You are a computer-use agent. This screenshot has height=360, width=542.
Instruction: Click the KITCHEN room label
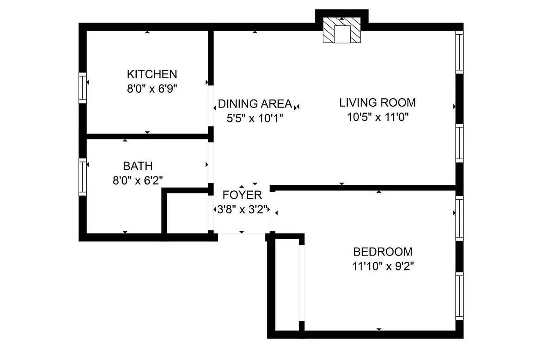coord(152,74)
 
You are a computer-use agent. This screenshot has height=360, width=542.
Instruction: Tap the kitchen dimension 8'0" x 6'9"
coord(152,89)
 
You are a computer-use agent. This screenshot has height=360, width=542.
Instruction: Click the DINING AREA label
coord(255,104)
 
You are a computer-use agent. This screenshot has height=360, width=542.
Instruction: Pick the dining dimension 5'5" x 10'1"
coord(255,118)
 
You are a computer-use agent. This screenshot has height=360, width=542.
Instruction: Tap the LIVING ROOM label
coord(377,103)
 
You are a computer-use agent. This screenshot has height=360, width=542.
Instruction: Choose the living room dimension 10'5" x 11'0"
coord(377,117)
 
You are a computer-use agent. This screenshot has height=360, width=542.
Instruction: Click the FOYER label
coord(242,195)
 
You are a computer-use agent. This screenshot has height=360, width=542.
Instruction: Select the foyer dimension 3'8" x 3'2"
coord(242,210)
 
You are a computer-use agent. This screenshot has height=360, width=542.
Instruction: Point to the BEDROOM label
coord(383,252)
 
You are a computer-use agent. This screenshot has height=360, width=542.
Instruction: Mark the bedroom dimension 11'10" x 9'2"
coord(383,266)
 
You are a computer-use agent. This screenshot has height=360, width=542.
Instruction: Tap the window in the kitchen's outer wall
coord(83,87)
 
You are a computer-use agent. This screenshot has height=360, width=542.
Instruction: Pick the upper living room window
coord(459,52)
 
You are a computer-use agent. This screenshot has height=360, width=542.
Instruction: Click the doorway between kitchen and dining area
coord(211,106)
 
